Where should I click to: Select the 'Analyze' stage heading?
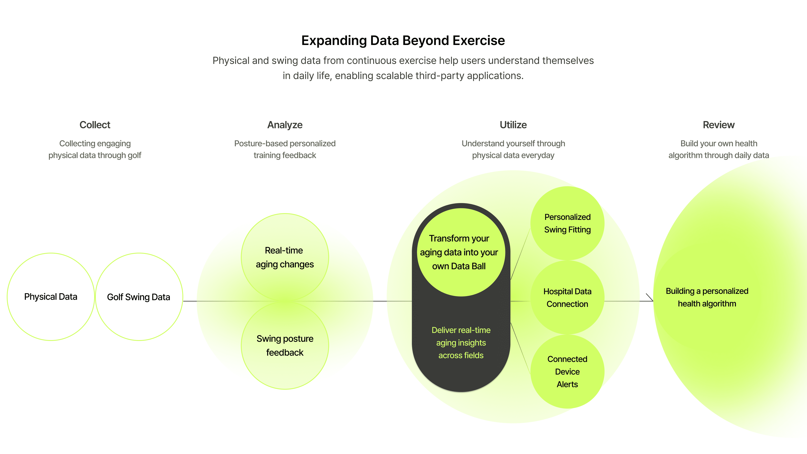(285, 125)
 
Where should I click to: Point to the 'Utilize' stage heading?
(513, 125)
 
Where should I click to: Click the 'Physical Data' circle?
(51, 297)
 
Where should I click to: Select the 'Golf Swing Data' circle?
(139, 297)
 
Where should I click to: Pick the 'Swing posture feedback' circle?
(285, 345)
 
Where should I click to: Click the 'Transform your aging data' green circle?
(461, 252)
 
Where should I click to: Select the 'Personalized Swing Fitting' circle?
(567, 223)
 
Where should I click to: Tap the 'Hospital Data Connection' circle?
(567, 297)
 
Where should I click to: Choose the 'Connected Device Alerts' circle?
(567, 372)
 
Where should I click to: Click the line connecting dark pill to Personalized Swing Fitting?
(520, 254)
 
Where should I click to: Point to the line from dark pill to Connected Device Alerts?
(520, 348)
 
